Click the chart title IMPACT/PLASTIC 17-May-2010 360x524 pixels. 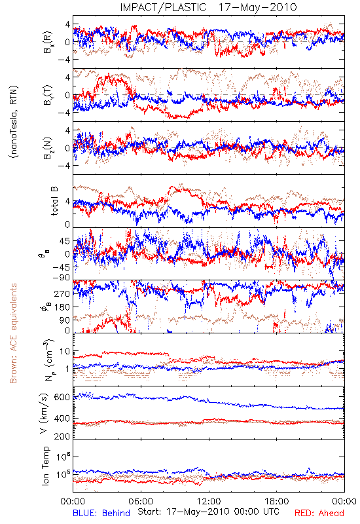[208, 7]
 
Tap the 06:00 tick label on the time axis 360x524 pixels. [141, 501]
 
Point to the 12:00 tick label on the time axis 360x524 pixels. [209, 501]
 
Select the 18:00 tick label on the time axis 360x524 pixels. [277, 501]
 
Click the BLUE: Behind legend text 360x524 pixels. [101, 513]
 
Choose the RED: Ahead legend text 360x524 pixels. [319, 513]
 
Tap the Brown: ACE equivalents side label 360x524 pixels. [13, 333]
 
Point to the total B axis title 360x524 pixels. [54, 201]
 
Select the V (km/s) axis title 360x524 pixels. [44, 413]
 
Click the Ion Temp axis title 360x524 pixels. [46, 466]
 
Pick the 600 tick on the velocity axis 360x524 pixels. [62, 398]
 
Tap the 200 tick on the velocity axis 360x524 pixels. [62, 436]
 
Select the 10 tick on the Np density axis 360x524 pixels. [65, 351]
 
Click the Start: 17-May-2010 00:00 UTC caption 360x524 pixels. [208, 512]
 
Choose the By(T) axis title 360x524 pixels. [48, 95]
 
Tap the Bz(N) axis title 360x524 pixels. [48, 148]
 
